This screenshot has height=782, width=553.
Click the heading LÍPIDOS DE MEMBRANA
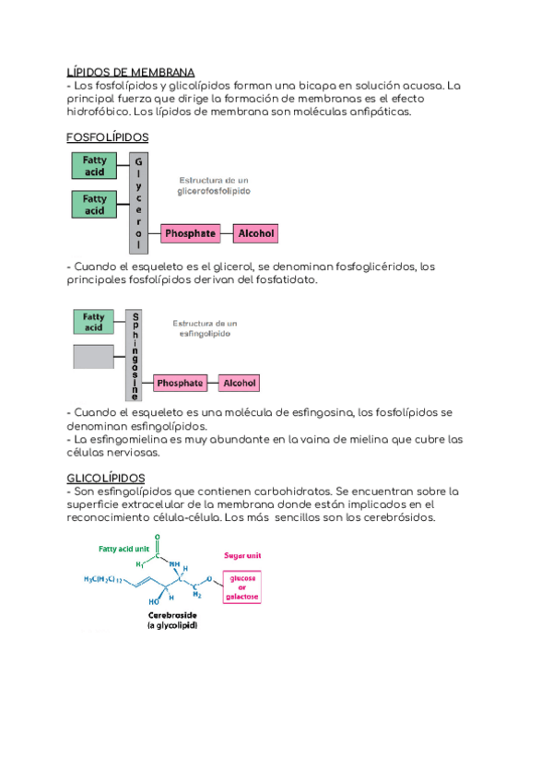coord(130,72)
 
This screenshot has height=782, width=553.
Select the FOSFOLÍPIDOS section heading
coord(108,138)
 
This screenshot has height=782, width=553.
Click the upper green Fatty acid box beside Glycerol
coord(94,165)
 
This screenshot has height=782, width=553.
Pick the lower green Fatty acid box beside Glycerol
coord(94,205)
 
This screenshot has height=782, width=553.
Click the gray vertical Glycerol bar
coord(138,202)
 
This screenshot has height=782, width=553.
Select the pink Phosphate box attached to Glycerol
coord(190,234)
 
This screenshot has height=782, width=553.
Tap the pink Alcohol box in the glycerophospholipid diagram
coord(256,234)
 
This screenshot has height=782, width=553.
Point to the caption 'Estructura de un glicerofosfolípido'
coord(214,184)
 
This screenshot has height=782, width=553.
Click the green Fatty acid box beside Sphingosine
coord(93,322)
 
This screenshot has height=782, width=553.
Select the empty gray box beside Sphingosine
coord(93,356)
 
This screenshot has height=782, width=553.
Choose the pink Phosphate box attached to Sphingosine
coord(180,383)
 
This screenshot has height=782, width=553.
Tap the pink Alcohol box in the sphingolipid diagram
coord(240,383)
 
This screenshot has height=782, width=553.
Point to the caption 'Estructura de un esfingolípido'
coord(205,328)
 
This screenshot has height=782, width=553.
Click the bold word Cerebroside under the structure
coord(174,613)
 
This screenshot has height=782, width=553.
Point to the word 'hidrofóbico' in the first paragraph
coord(98,112)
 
